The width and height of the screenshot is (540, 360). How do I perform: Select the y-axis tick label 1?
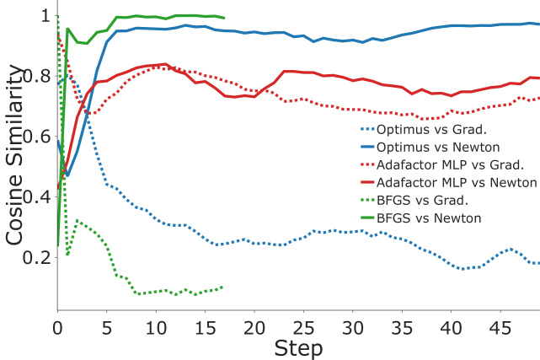click(43, 16)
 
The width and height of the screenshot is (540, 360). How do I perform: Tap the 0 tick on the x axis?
click(57, 326)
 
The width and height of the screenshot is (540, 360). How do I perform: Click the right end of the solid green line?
click(224, 18)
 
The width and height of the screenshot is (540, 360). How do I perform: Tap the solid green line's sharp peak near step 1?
click(67, 29)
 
